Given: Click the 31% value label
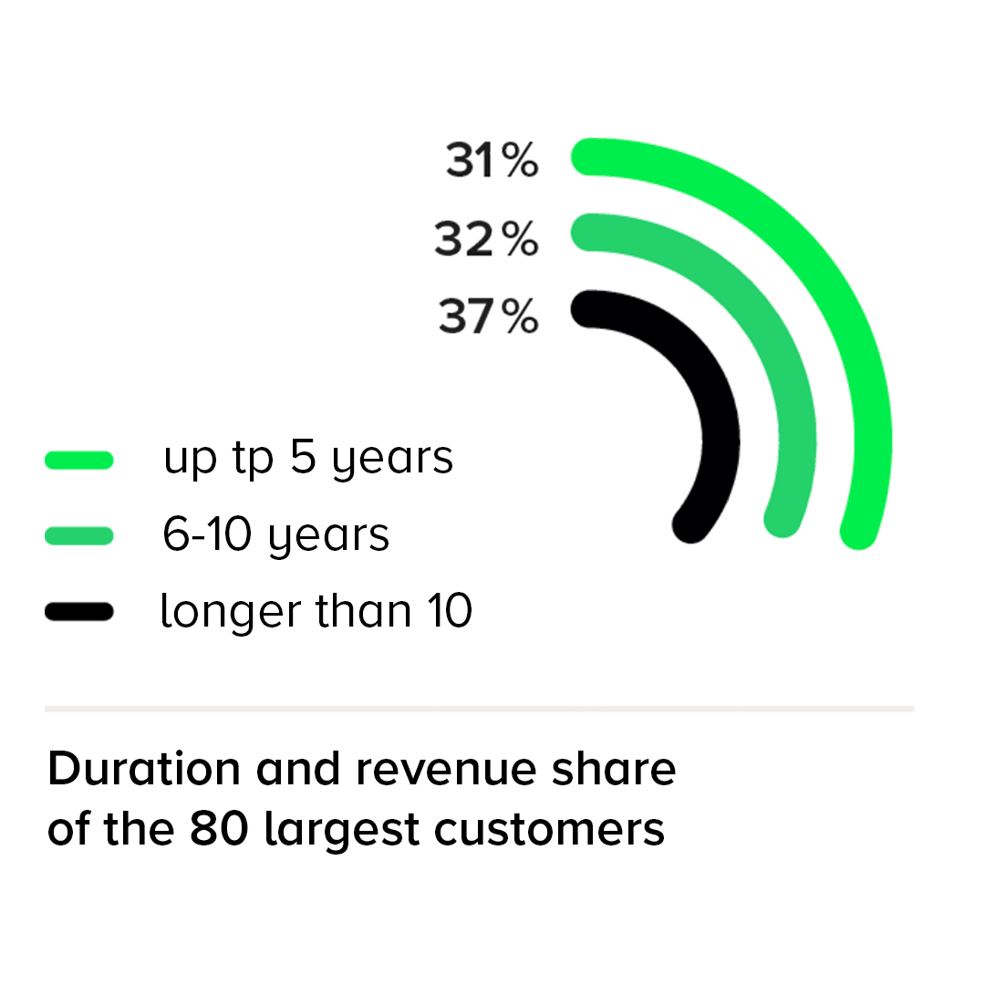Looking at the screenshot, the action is point(492,160).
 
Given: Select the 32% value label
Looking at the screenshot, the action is point(486,239).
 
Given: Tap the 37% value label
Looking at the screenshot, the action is point(488,316).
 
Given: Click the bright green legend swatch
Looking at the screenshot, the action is point(79,460).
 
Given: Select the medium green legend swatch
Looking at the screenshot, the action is point(79,536).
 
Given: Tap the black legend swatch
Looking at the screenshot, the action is point(79,611).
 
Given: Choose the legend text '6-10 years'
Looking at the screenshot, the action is point(275,535).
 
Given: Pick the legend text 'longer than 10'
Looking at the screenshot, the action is point(316,610).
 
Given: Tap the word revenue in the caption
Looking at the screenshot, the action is point(446,770).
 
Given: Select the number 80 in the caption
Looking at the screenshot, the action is point(219,828).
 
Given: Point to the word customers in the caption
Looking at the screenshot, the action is point(549,829).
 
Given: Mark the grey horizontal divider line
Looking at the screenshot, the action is point(480,709).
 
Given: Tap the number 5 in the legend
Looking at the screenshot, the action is point(303,456).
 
